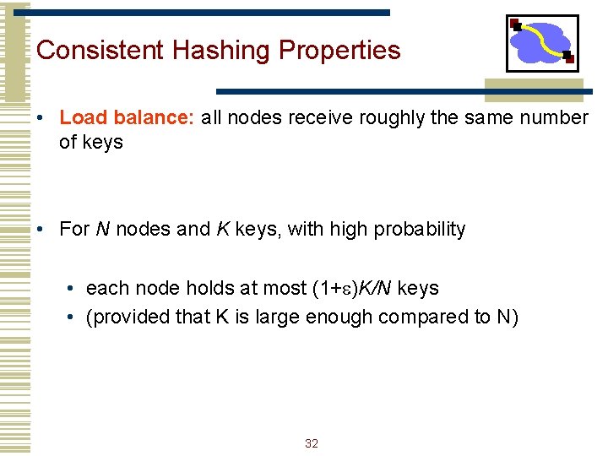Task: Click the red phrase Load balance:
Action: pyautogui.click(x=127, y=117)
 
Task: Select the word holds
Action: pyautogui.click(x=208, y=288)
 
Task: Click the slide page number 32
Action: pyautogui.click(x=311, y=443)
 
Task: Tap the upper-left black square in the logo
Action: pyautogui.click(x=516, y=26)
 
